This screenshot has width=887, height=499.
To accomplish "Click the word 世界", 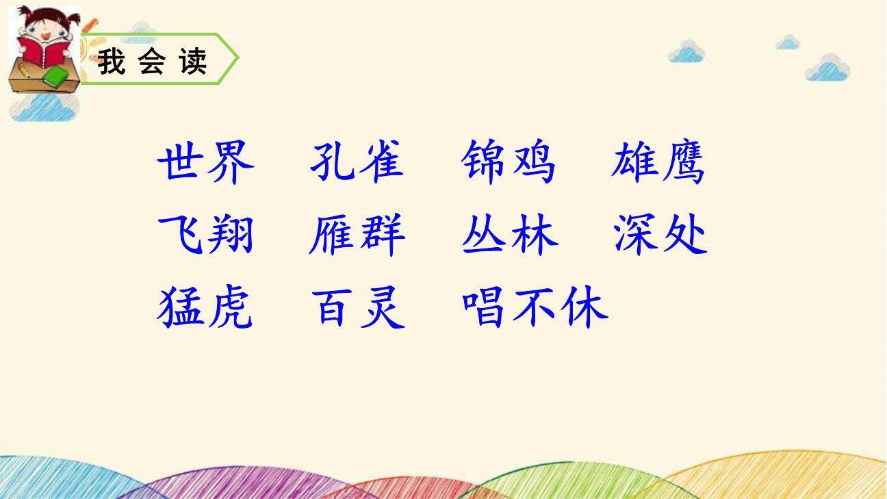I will point(205,163).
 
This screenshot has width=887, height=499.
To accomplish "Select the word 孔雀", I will point(357,163).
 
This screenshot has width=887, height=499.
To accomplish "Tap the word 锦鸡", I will point(509,163).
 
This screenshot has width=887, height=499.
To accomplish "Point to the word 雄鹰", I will point(658,163).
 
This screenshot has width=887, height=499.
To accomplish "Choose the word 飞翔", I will point(205,235).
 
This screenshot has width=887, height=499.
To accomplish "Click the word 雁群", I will point(357,235).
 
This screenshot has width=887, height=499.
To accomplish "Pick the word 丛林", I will point(510,235).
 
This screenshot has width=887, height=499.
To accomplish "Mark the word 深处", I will point(660,235).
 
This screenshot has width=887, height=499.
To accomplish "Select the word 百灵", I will point(358,307).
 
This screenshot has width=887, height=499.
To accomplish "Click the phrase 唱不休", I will point(535,307).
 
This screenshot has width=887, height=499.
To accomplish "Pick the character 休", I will point(584,307).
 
